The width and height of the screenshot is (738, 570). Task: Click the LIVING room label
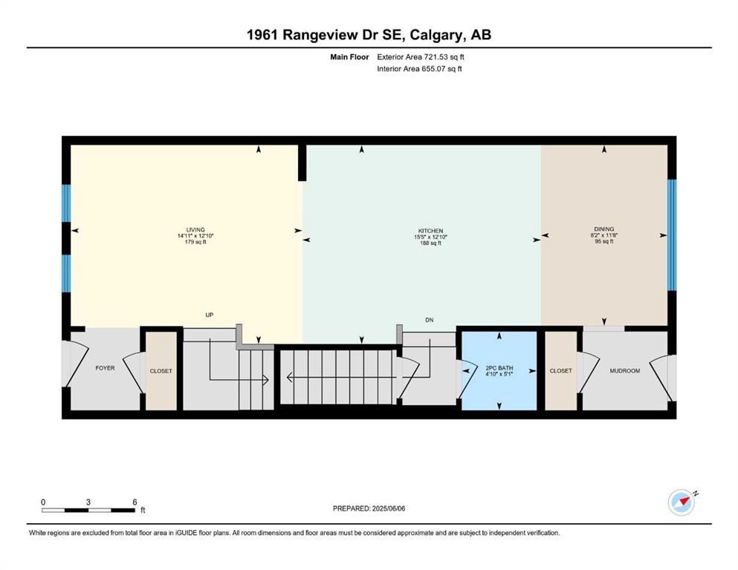195,230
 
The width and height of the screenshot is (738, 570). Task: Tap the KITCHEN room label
430,231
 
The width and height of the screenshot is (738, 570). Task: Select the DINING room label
604,229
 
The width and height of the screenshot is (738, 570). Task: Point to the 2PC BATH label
499,368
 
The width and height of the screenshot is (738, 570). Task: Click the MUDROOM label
624,371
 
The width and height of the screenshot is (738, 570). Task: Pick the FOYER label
105,368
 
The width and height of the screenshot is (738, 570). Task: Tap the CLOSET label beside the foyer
161,371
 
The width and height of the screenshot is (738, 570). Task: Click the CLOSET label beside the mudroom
560,371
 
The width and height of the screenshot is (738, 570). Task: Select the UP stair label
210,315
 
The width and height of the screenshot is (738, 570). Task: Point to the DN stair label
430,320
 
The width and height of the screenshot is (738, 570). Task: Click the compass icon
682,502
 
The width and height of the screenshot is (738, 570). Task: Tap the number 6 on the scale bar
135,502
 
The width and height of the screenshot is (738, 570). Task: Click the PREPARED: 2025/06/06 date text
369,508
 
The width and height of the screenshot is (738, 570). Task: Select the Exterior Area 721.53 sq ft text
421,57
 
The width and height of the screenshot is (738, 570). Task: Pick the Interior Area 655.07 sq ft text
419,68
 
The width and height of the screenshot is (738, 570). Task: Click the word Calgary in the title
436,35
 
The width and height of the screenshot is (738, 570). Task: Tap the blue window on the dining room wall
672,235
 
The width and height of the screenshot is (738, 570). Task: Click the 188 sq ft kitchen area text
430,243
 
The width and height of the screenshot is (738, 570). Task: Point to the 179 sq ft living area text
195,241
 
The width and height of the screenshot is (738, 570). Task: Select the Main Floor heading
349,57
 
